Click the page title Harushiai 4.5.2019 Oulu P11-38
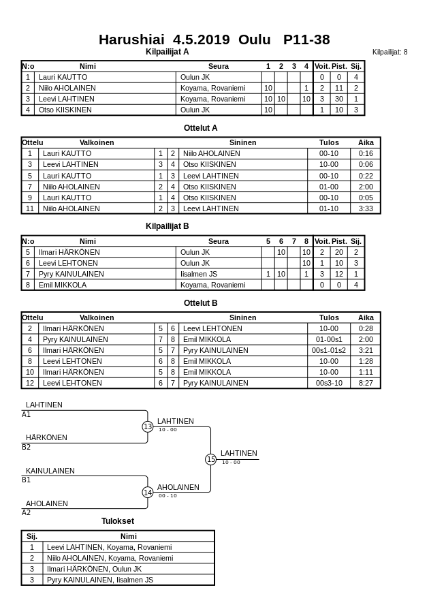click(x=214, y=40)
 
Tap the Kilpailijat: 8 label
click(x=390, y=52)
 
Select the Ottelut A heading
click(x=200, y=127)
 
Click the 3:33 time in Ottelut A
click(x=366, y=208)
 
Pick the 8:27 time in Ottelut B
click(x=366, y=383)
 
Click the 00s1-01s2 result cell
click(x=329, y=350)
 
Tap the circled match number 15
click(x=211, y=460)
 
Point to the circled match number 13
click(x=148, y=426)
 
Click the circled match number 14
click(x=148, y=493)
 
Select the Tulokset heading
click(x=118, y=521)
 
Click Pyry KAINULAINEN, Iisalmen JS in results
click(x=99, y=580)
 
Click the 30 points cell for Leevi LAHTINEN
click(x=339, y=99)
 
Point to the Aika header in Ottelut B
click(x=366, y=317)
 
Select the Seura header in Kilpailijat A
click(x=218, y=66)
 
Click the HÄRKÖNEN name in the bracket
click(x=46, y=437)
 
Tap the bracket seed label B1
click(x=27, y=480)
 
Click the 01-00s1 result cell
click(x=329, y=339)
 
